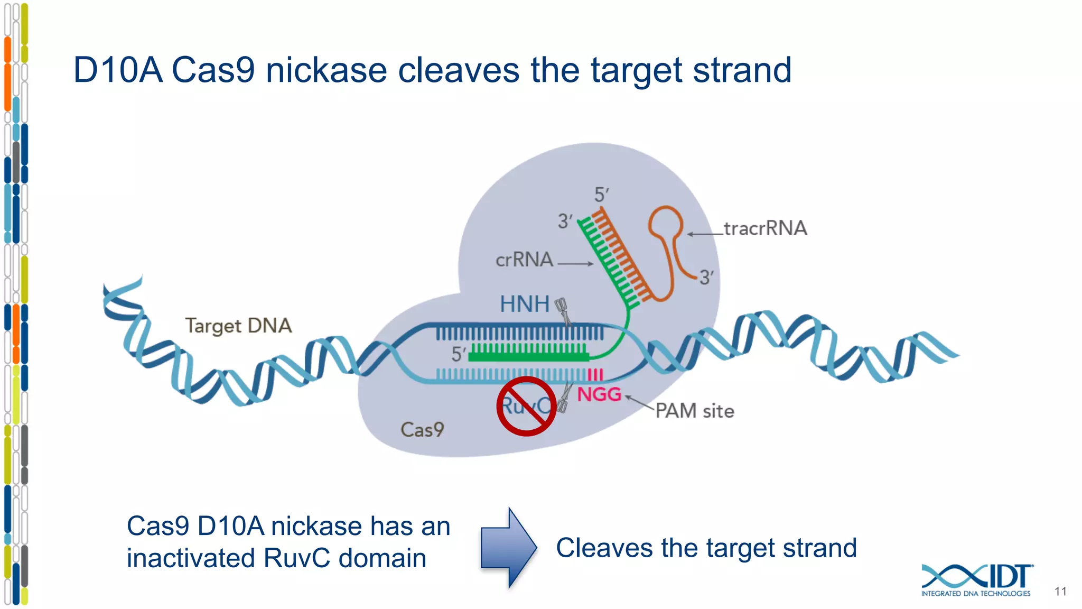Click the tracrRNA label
click(x=765, y=228)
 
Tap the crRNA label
click(x=524, y=260)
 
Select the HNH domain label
click(x=525, y=304)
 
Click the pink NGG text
click(x=599, y=394)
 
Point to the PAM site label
click(x=695, y=411)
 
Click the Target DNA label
click(x=238, y=326)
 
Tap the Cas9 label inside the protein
click(x=422, y=429)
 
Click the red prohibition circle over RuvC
click(x=526, y=407)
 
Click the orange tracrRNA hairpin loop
click(x=665, y=222)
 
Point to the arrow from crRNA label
click(x=575, y=263)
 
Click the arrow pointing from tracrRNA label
click(x=705, y=234)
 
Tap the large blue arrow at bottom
click(x=508, y=548)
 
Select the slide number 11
click(x=1060, y=592)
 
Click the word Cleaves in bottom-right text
click(x=604, y=548)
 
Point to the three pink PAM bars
click(x=595, y=375)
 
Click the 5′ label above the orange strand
click(x=601, y=195)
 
